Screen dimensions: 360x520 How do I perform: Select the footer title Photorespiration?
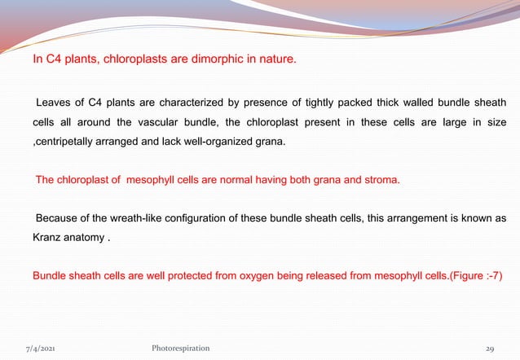click(180, 348)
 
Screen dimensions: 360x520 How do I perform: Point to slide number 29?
click(490, 348)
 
